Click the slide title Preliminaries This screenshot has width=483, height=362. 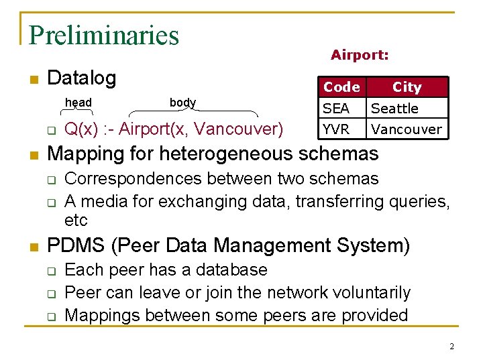pos(104,35)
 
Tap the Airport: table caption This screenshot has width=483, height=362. pos(360,56)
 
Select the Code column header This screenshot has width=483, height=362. pos(341,87)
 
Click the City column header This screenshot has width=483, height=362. pos(407,87)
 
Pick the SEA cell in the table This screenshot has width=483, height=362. pos(336,108)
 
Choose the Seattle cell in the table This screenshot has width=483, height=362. pos(394,108)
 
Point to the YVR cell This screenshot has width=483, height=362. pos(336,129)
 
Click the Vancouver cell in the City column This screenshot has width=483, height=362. pos(407,129)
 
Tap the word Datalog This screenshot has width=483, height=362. pos(82,78)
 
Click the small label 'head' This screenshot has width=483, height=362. pos(78,103)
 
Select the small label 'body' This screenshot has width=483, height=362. pos(182,103)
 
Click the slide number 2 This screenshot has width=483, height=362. pos(451,347)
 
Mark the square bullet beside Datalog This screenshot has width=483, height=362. pos(33,80)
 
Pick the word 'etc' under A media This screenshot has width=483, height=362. pos(76,221)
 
